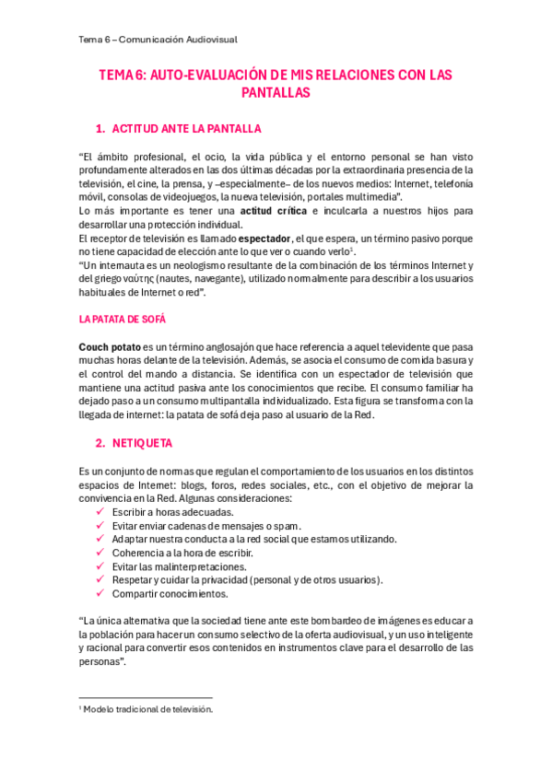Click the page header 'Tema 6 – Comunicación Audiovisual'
[159, 39]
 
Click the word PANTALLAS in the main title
[276, 92]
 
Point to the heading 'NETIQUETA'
[142, 443]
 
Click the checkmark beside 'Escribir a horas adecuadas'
[100, 511]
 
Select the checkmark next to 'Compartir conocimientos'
[100, 594]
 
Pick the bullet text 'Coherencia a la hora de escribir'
[182, 553]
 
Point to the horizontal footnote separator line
[146, 697]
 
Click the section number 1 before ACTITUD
[100, 128]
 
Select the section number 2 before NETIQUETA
[100, 443]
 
